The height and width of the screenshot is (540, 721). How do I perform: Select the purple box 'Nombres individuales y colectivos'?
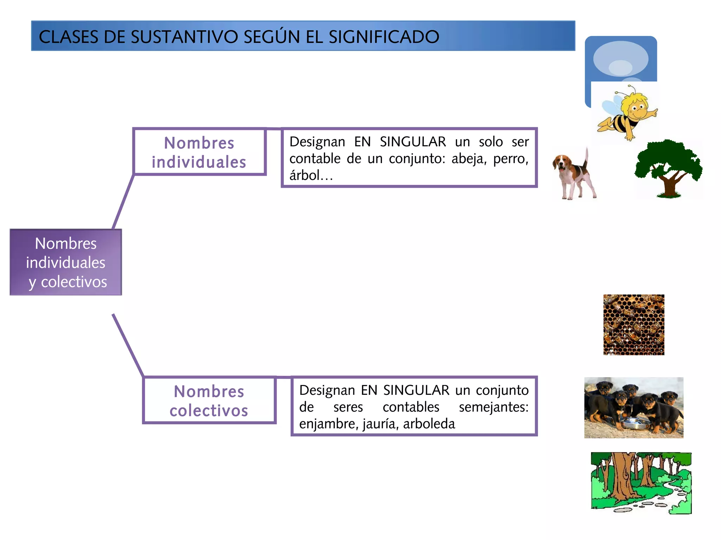[x=66, y=262]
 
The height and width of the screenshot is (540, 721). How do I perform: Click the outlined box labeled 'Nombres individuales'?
[x=199, y=152]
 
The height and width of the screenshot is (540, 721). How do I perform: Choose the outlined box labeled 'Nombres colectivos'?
[x=209, y=401]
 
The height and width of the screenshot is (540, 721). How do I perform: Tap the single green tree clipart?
[x=668, y=169]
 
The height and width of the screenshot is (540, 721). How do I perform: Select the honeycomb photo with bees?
[x=634, y=325]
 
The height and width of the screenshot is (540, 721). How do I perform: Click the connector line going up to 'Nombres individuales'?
[x=123, y=202]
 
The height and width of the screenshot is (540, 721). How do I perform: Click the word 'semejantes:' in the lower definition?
[x=493, y=407]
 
